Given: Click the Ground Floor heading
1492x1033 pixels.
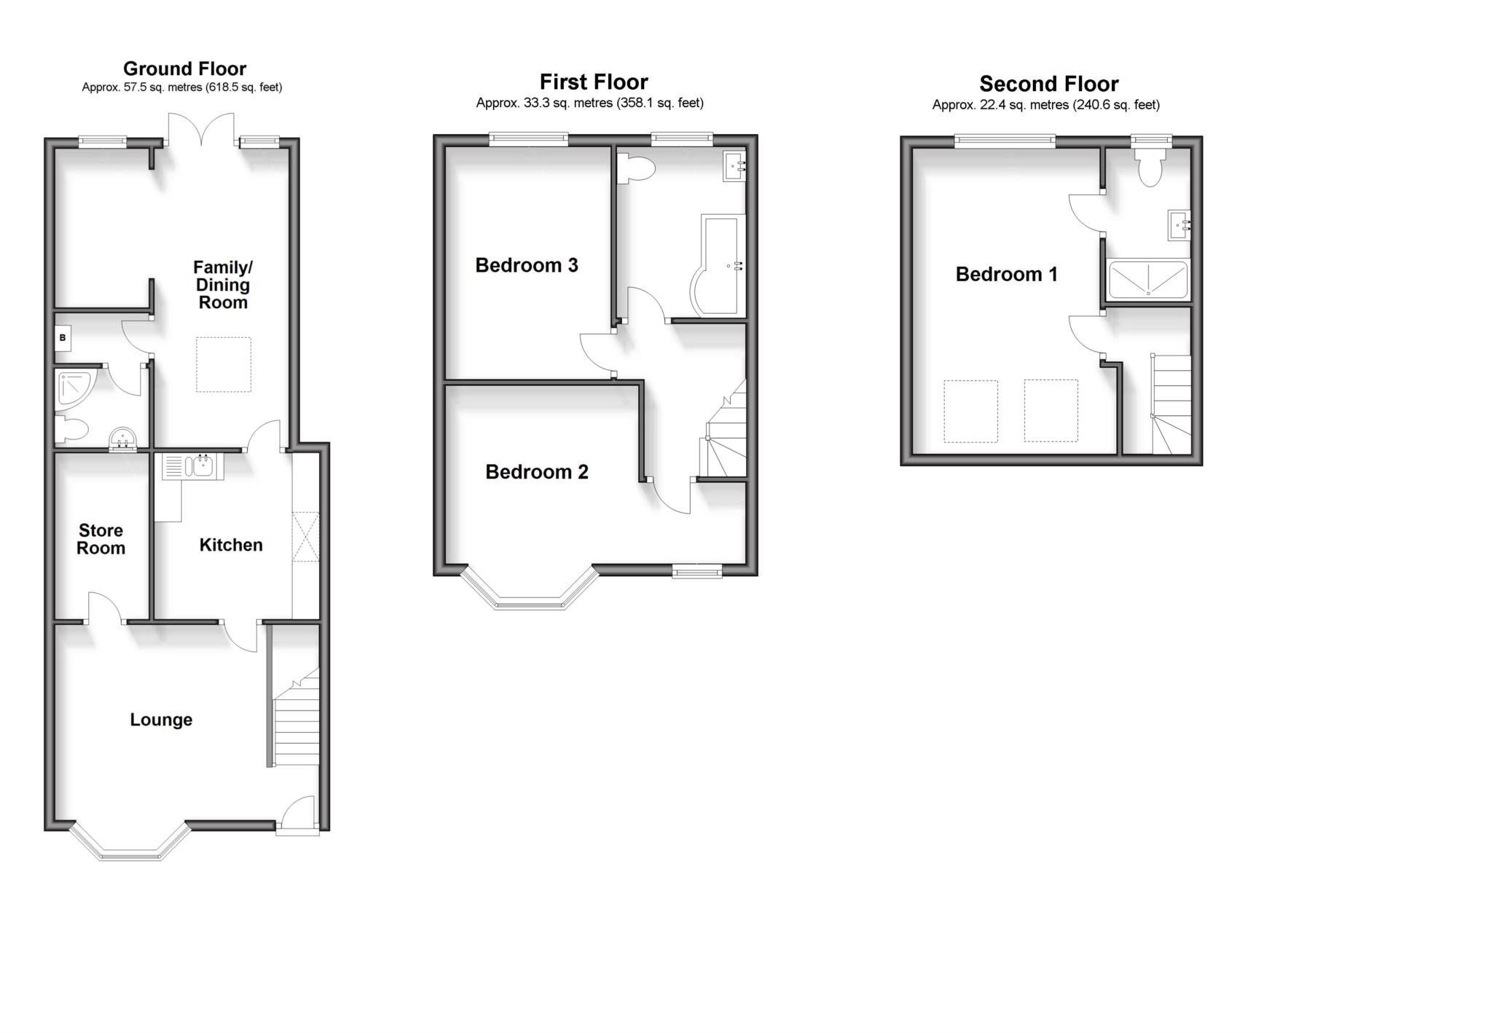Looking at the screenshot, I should pos(184,68).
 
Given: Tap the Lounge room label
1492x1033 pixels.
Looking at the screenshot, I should pos(161,720).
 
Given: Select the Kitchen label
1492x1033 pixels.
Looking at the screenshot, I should pos(231,545).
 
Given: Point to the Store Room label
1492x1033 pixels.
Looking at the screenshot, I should pos(101,539).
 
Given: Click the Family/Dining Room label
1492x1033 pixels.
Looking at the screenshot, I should pos(223,285).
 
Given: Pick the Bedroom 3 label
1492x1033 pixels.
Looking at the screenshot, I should pos(526,265).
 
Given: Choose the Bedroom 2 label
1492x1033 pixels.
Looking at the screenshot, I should pos(536,472).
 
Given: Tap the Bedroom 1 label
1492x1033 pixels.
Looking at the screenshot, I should pos(1006,274).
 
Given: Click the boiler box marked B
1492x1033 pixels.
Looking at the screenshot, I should pos(63,338).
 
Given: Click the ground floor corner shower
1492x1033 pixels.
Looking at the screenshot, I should pos(74,388).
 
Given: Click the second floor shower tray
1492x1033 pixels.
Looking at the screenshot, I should pos(1147,280).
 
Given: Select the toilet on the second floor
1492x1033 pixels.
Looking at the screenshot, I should pos(1150,168).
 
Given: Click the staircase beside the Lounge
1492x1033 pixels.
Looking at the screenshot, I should pos(296,721).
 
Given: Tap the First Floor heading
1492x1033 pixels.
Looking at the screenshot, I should pos(594,82).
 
